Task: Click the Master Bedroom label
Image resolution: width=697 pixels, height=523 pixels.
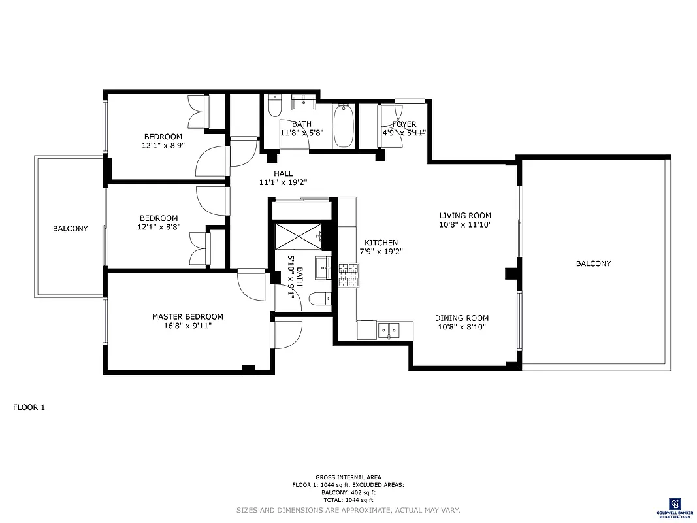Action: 187,316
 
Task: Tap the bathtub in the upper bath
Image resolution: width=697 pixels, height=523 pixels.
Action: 344,127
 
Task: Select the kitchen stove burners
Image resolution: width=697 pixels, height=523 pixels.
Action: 348,275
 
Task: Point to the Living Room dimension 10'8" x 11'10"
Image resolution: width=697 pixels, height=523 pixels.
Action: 465,224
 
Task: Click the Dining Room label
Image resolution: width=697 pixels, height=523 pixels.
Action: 462,318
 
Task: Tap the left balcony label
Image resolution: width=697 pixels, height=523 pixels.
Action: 71,229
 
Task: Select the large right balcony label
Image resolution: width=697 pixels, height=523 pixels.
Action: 593,263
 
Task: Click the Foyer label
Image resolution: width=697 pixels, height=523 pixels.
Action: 404,124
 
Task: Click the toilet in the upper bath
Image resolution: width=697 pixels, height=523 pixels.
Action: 274,106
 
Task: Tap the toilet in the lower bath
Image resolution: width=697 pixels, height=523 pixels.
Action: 319,300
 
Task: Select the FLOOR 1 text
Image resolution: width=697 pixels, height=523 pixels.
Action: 29,407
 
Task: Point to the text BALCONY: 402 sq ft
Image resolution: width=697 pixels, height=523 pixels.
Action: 348,492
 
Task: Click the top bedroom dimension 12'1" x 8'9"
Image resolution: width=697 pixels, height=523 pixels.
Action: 163,146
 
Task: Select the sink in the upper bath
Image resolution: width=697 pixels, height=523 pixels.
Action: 303,103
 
